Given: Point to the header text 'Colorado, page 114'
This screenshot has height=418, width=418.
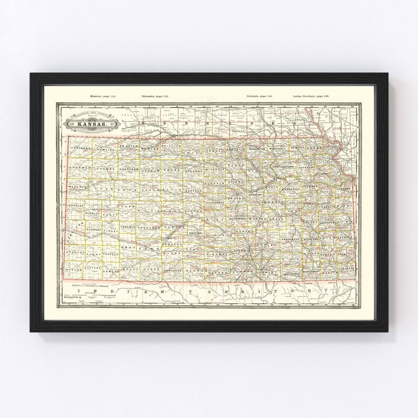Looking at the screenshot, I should (x=262, y=97).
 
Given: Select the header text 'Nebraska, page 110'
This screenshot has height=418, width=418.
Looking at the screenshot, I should (x=155, y=97).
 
